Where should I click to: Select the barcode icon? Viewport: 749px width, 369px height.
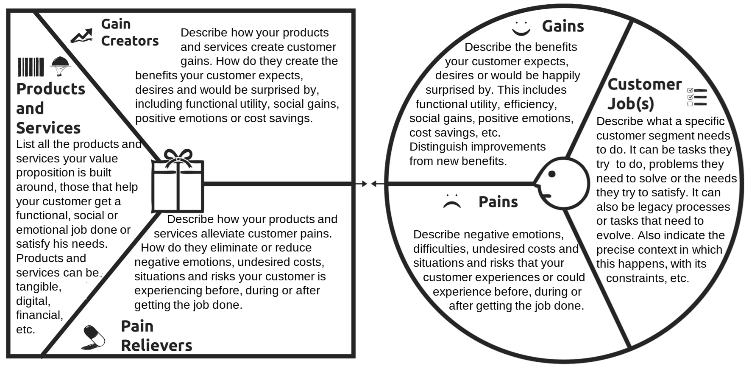(x=31, y=67)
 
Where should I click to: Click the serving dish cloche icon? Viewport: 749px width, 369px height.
(x=60, y=66)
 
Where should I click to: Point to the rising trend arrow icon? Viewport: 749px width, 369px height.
(x=81, y=36)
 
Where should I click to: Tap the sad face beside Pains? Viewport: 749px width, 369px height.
(x=452, y=201)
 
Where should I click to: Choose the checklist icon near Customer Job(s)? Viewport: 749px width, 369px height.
(x=697, y=97)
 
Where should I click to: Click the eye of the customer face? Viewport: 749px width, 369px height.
(x=552, y=174)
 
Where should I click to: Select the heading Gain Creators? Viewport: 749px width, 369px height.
(x=130, y=32)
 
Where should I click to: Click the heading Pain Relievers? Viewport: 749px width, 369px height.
(x=156, y=335)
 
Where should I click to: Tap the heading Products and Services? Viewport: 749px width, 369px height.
(x=50, y=108)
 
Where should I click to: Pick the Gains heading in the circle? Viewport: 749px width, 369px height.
(x=563, y=26)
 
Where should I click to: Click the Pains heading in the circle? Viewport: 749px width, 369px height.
(x=498, y=202)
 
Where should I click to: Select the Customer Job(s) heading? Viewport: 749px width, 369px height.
(x=644, y=94)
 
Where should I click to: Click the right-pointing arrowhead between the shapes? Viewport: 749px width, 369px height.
(x=363, y=184)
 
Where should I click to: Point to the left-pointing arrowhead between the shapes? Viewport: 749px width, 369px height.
(x=374, y=184)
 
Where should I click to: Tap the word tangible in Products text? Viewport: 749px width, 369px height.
(x=39, y=287)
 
